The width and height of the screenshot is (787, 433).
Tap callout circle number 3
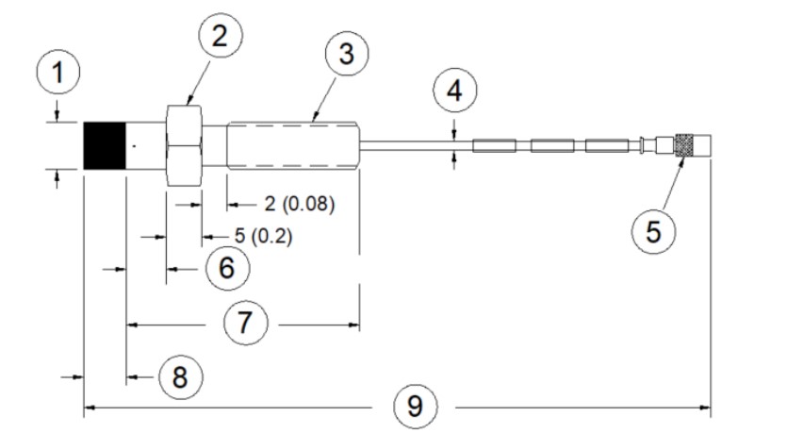[x=346, y=55]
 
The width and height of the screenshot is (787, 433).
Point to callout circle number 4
[x=454, y=92]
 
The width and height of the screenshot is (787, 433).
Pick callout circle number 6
[x=226, y=268]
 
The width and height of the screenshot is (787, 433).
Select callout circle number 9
[x=416, y=408]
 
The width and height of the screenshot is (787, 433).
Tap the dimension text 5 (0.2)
[x=255, y=236]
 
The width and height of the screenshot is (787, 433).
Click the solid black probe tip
[x=104, y=146]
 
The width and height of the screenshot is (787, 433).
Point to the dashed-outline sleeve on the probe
[x=292, y=146]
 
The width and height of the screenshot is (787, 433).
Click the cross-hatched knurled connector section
[x=686, y=146]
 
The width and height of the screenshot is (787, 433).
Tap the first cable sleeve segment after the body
[x=494, y=146]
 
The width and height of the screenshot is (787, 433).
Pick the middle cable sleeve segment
[x=549, y=146]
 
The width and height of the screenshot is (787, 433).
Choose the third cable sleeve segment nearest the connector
[x=603, y=146]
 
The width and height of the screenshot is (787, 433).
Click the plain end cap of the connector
[x=703, y=146]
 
